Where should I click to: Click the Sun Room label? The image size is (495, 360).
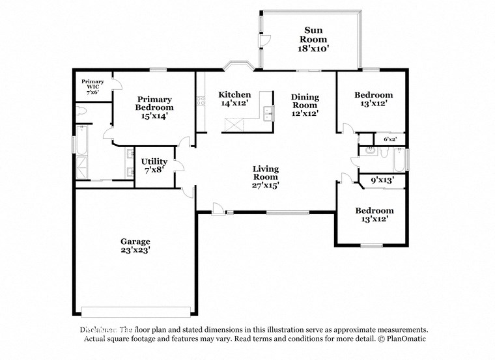pos(311,38)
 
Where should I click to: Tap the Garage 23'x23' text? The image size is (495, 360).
pos(135,245)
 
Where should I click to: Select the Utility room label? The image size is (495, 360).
pos(154,165)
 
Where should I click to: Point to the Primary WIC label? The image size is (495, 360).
pos(92,87)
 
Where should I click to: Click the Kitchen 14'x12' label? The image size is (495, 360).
pos(234,99)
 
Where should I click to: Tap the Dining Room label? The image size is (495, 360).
pos(304,105)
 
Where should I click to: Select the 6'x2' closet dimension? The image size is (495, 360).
pos(390,139)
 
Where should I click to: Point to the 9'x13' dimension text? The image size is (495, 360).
pos(383,180)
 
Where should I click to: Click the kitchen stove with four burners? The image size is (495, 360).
pos(201,100)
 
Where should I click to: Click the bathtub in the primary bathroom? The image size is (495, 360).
pos(81,143)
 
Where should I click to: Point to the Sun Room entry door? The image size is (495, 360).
pos(263,40)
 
